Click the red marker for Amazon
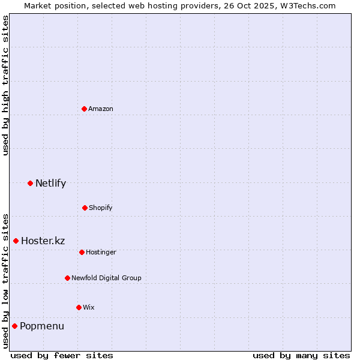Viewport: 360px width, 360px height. pos(84,109)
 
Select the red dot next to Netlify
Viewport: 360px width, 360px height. pos(30,183)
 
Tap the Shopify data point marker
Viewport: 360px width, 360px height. pos(85,208)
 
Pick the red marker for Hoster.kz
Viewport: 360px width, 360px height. pos(16,241)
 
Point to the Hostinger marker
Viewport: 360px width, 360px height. pos(82,252)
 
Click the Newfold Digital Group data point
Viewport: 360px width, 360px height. pos(67,278)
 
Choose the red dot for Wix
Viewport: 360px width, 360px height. pos(79,307)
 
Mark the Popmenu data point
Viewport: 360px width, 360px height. pos(14,326)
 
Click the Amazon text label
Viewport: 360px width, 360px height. pos(101,109)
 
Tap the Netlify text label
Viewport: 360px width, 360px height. pos(50,183)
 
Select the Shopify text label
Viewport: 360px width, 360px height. pos(101,208)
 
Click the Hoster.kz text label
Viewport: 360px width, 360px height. pos(43,241)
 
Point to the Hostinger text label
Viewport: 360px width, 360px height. pos(101,252)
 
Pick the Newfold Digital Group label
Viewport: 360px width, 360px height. pos(106,278)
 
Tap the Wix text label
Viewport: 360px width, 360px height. pos(88,307)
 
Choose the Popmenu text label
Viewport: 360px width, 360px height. pos(41,326)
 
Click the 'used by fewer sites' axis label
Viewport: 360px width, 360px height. pos(62,355)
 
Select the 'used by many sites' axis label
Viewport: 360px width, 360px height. pos(301,355)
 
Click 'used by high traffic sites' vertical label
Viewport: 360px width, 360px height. pos(5,85)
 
